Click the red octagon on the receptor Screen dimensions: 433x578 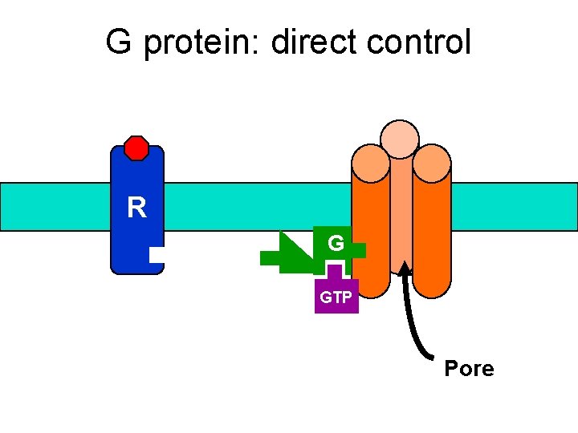136,148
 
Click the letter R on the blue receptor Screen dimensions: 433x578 136,208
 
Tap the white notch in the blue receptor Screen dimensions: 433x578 157,255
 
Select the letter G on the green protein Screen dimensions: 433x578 336,243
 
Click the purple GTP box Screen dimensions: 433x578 336,297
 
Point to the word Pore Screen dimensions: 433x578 469,369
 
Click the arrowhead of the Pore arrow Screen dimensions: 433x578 405,267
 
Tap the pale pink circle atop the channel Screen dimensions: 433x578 400,139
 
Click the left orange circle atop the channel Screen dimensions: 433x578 370,163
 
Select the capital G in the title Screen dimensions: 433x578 118,42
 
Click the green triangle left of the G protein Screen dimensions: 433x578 293,249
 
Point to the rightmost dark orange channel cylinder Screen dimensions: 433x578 433,241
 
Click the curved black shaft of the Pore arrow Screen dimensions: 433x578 416,321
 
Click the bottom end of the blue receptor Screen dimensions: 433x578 136,268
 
